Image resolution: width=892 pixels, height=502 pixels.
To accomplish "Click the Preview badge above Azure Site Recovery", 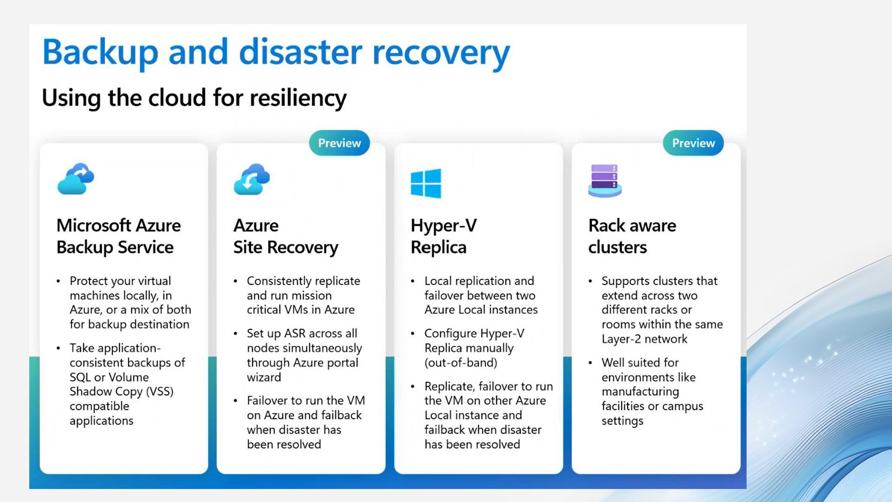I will click(339, 143).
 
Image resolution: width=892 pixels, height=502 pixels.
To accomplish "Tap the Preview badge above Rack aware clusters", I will click(693, 143).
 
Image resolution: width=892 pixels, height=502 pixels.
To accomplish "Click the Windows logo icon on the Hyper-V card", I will click(426, 183).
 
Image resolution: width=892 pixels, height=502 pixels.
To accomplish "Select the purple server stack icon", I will click(604, 181).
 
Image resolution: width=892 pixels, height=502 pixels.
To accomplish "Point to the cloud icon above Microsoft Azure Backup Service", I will click(76, 179).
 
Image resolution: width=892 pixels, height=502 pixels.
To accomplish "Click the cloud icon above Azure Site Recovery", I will click(252, 179).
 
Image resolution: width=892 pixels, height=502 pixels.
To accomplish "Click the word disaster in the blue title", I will click(300, 52).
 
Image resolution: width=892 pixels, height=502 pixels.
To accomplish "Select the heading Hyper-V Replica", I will click(443, 236).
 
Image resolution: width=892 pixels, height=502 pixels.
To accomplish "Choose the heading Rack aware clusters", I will click(632, 236).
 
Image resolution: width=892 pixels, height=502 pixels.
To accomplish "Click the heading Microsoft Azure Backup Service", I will click(118, 236).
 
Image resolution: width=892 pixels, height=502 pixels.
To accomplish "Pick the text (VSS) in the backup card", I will click(160, 391).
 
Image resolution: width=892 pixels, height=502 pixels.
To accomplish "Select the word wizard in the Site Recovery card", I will click(264, 377).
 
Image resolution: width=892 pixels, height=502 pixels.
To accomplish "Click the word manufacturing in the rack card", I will click(640, 391).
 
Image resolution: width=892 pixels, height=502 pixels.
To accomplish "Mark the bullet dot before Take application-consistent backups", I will click(58, 348).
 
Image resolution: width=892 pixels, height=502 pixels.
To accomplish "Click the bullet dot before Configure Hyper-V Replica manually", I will click(413, 334).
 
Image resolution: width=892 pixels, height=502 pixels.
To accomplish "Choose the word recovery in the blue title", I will click(441, 52).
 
